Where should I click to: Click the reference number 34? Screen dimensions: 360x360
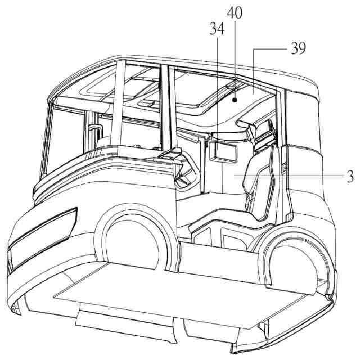[217, 28]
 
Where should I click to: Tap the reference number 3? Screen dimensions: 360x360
[350, 176]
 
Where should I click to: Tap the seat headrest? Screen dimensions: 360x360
[264, 137]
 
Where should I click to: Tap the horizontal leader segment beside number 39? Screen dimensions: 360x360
[270, 49]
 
